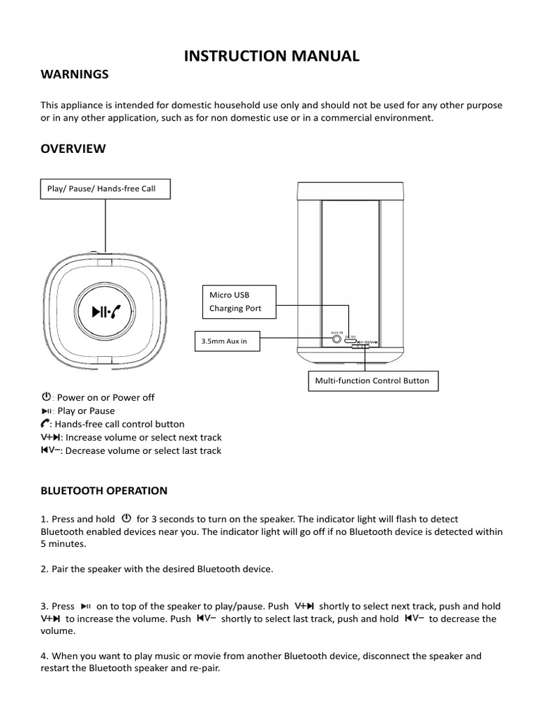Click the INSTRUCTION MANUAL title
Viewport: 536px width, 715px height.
tap(271, 57)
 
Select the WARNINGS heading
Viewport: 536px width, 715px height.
tap(75, 74)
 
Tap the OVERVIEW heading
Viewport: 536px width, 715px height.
tap(73, 149)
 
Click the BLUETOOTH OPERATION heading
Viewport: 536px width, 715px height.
tap(104, 490)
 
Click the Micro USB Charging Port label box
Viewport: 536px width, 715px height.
tap(238, 302)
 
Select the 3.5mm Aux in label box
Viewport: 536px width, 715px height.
tap(230, 341)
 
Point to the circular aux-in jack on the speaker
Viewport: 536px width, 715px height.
tap(338, 339)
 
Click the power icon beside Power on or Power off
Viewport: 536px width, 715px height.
tap(46, 397)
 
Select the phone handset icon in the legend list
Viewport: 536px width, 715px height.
tap(45, 424)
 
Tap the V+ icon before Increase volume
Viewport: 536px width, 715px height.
tap(52, 437)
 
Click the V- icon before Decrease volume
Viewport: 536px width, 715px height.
tap(52, 450)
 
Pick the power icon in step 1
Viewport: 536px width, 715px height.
tap(126, 519)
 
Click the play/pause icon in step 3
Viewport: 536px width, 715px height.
tap(86, 606)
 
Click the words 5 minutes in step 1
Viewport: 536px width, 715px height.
tap(64, 543)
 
